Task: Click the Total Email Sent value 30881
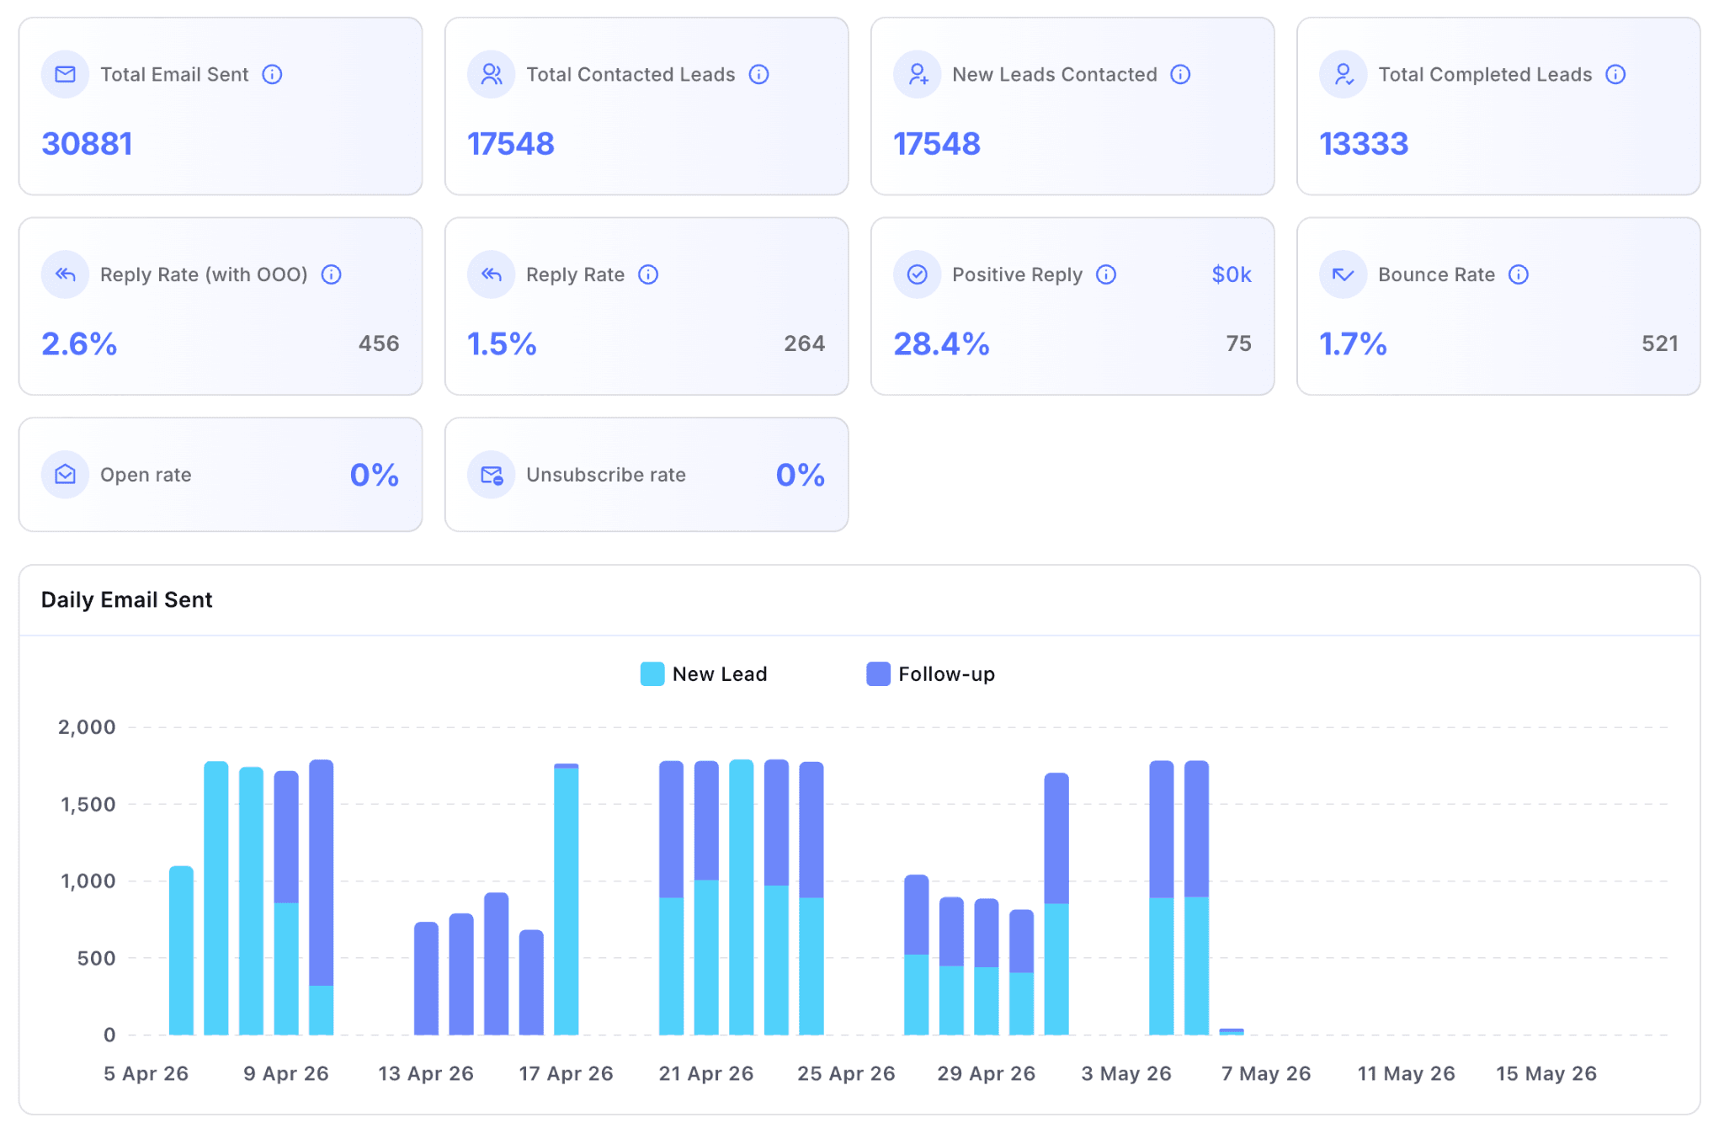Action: coord(87,144)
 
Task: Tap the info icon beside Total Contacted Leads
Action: coord(759,74)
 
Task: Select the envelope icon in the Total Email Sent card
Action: coord(65,74)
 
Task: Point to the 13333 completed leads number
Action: coord(1364,144)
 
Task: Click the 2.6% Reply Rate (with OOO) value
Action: coord(79,343)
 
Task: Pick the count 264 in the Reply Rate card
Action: coord(804,343)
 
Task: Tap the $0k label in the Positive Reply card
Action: coord(1232,274)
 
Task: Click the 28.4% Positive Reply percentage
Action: coord(941,343)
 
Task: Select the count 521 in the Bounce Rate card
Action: coord(1660,343)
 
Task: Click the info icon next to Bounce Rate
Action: coord(1519,274)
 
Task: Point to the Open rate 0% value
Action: coord(375,475)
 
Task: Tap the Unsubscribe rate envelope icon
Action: coord(492,475)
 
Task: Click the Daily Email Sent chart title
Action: coord(127,599)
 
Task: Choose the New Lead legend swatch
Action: coord(652,674)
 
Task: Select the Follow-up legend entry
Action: coord(931,674)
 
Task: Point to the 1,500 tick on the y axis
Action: coord(88,805)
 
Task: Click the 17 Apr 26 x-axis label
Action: coord(566,1073)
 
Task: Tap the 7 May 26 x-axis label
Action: coord(1266,1073)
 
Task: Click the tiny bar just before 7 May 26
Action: coord(1232,1031)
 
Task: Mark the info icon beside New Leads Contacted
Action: coord(1181,74)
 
